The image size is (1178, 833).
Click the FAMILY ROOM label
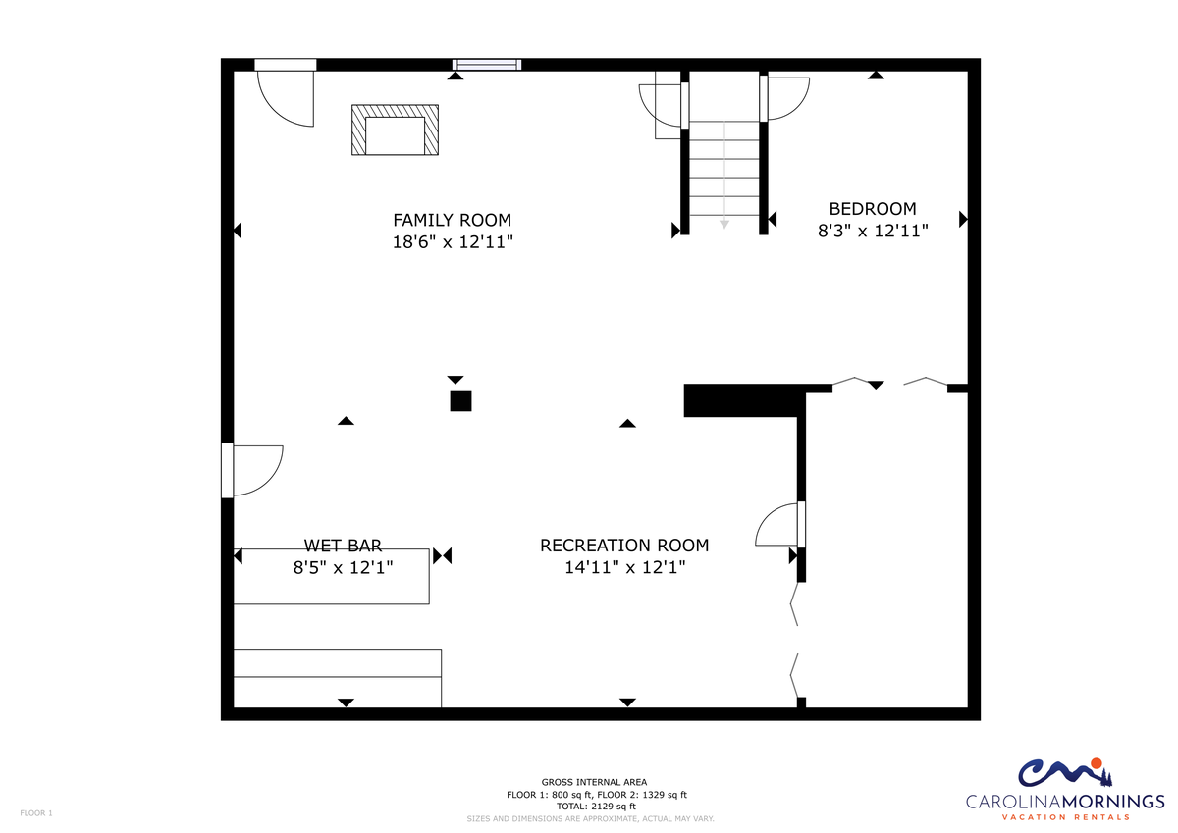(452, 220)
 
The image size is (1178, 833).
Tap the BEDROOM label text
(873, 209)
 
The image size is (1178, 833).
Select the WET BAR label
(343, 546)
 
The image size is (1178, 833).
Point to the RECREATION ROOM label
(624, 546)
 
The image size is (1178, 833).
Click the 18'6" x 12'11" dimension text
(453, 241)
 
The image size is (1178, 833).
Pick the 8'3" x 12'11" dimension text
(873, 231)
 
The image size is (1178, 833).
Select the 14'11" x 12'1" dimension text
(624, 567)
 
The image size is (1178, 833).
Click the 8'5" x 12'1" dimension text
(343, 567)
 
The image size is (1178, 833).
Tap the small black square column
(460, 401)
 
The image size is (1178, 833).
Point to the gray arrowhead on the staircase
(724, 225)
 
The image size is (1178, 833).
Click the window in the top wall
(487, 65)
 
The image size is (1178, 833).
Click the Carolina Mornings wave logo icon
(1065, 772)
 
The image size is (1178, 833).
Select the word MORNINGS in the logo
(1113, 801)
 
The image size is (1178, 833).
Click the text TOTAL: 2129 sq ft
(596, 806)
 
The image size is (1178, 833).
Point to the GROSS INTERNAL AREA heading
(594, 782)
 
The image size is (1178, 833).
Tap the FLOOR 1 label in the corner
(36, 813)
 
